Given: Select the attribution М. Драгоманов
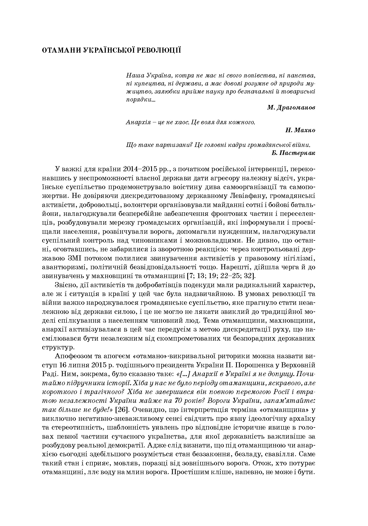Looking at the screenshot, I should pos(291,107).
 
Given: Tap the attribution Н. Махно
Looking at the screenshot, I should pos(300,130).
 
